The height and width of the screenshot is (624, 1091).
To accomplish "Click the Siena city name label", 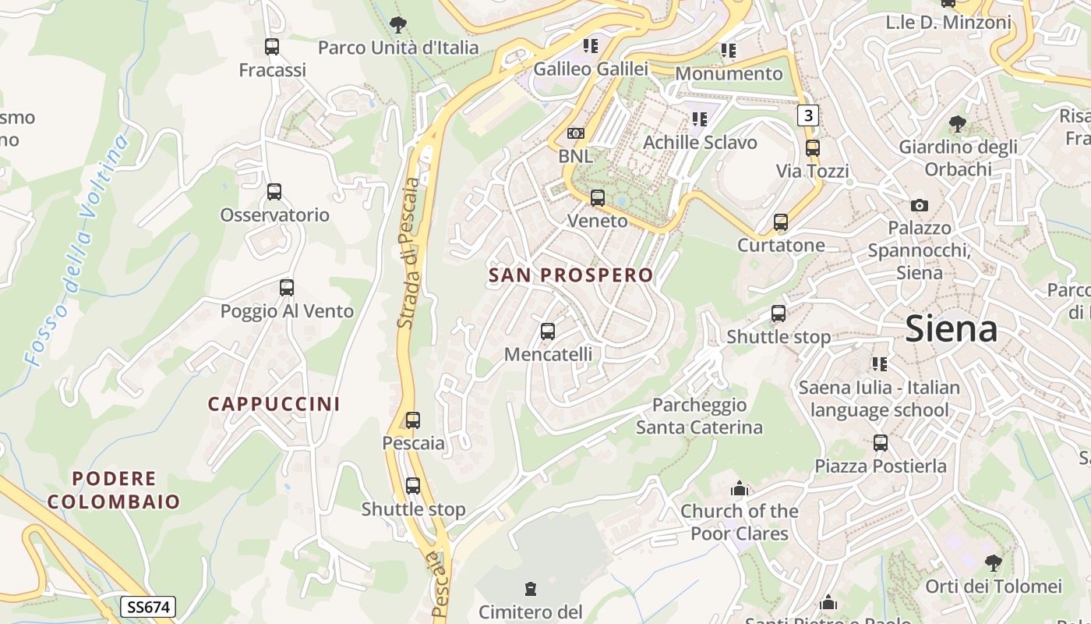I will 951,329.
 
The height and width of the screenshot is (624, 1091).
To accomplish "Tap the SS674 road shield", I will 148,607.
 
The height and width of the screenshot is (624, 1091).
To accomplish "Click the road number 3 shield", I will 808,115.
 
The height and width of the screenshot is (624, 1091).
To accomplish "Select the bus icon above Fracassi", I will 272,47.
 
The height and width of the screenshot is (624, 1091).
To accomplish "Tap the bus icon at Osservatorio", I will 274,192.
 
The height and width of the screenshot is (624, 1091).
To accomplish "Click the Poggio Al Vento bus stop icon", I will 287,288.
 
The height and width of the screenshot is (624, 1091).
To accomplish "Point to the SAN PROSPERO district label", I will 570,275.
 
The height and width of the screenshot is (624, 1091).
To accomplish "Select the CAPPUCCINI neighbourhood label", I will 274,404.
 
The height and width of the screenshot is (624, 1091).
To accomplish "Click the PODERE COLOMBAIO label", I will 114,490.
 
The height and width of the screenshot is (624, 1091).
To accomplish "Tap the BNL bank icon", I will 576,133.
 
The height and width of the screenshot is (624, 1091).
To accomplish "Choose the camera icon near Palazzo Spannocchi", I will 920,205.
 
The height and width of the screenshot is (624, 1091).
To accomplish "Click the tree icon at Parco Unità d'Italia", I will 398,25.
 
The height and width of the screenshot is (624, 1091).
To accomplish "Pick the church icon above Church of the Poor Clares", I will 740,489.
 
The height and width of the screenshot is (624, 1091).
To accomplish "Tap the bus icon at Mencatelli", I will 548,331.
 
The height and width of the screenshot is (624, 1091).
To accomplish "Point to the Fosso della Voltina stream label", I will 76,250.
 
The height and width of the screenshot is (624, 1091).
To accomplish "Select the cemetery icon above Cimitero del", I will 531,588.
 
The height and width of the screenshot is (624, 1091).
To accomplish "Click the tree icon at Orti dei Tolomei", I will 993,562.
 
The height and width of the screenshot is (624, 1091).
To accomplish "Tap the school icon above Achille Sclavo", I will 700,119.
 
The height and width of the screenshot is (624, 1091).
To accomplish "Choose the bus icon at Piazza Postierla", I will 881,443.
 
